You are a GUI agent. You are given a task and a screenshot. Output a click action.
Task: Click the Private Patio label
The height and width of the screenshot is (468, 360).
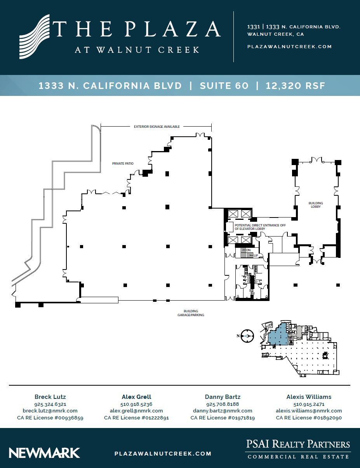click(123, 164)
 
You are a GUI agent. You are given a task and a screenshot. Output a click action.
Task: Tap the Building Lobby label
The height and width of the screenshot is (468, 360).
click(315, 205)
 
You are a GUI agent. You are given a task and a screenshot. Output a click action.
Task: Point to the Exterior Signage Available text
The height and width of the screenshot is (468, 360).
click(157, 126)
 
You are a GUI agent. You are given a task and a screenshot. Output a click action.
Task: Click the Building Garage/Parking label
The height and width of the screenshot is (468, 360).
click(191, 313)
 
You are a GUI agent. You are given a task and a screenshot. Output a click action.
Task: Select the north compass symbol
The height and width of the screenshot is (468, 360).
click(246, 336)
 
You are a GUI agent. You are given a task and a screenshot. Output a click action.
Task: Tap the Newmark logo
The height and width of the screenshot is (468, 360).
click(44, 453)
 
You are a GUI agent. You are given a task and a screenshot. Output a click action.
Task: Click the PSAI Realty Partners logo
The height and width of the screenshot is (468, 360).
click(298, 449)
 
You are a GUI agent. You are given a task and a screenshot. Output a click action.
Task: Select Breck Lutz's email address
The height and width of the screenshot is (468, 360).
click(50, 411)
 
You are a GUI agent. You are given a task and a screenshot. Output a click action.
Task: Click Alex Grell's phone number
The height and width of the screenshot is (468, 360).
click(136, 404)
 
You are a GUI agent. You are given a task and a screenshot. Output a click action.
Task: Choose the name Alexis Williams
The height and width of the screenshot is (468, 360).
click(309, 397)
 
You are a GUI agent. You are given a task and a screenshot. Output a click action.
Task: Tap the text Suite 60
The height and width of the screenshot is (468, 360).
click(224, 86)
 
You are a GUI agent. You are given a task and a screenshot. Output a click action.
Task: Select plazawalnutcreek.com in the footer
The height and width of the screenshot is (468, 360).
click(163, 454)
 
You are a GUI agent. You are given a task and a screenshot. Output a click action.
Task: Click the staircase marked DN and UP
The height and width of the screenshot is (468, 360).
click(246, 253)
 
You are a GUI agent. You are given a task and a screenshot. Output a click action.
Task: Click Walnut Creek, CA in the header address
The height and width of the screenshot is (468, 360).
click(275, 34)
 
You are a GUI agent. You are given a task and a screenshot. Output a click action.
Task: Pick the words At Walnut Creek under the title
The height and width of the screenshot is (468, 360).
click(137, 50)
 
